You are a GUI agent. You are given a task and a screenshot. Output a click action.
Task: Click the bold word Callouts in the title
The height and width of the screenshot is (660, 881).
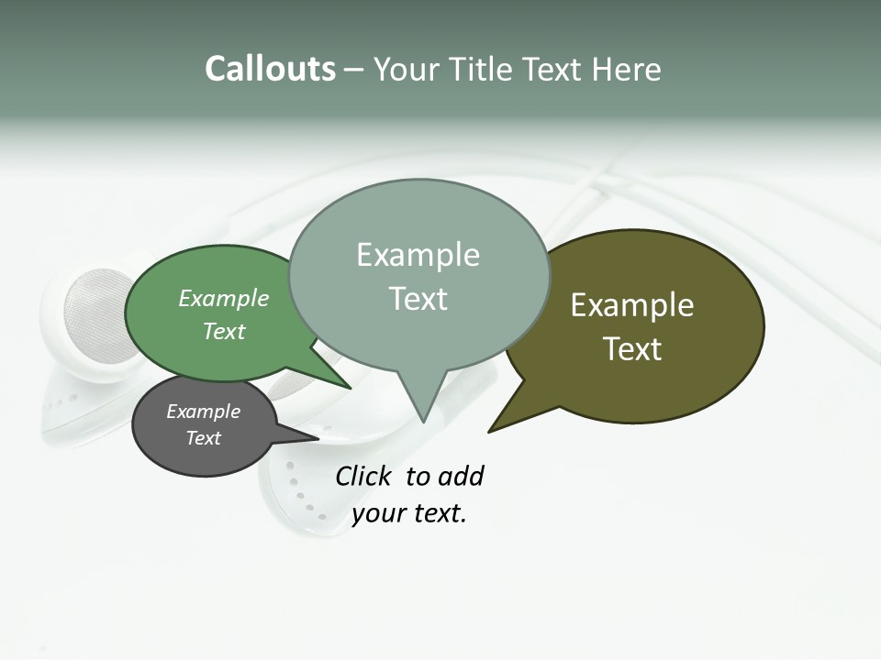point(270,69)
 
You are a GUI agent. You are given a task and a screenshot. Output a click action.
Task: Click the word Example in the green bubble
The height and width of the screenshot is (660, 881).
point(224,298)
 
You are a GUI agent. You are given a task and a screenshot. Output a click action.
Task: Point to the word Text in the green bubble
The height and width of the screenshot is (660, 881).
point(224,331)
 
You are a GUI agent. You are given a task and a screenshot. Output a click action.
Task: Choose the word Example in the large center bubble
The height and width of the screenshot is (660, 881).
point(418,255)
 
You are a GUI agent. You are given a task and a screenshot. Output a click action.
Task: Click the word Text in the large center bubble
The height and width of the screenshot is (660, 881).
point(418,299)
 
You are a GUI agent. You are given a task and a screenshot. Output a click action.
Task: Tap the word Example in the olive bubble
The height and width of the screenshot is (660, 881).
point(632,305)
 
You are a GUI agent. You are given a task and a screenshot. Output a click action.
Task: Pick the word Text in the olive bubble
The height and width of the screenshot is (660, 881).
point(632,349)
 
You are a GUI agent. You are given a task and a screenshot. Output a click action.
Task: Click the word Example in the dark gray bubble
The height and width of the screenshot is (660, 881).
point(204,412)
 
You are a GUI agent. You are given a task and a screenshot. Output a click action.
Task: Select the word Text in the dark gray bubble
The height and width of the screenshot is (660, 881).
point(204,438)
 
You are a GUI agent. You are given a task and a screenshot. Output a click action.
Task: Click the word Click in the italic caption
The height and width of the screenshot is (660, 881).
point(363,476)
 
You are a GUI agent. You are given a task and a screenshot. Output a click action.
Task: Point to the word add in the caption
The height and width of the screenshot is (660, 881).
point(461,476)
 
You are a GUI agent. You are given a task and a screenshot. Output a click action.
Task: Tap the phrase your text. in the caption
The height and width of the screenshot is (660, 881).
point(409,513)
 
